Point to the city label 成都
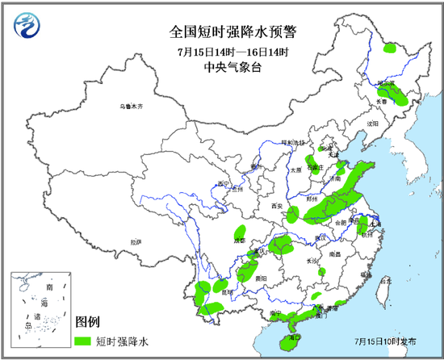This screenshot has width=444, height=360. (x=238, y=240)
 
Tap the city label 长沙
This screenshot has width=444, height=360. (x=312, y=261)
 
